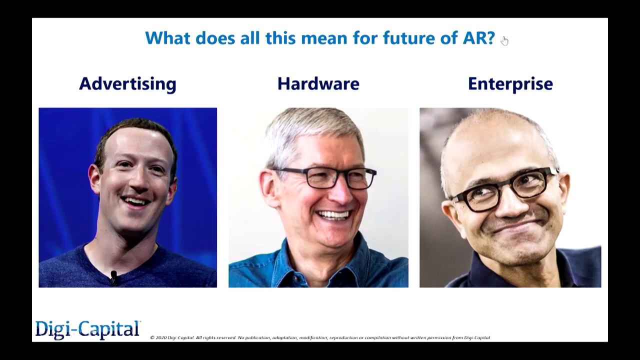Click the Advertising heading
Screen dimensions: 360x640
pos(127,83)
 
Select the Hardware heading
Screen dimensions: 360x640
pos(318,83)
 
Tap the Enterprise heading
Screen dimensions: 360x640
pos(510,83)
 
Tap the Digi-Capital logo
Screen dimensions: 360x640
pos(87,329)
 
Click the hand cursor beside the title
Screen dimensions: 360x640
pos(504,40)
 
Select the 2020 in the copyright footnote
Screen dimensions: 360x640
pos(160,338)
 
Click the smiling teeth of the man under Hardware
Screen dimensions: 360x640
pos(333,215)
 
